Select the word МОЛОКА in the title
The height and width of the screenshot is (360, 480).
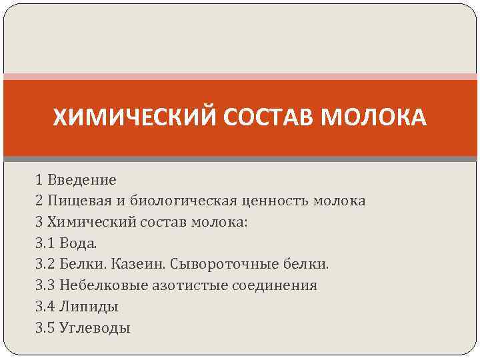pos(373,118)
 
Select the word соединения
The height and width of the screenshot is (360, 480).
pos(275,286)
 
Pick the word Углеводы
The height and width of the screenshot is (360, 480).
pos(95,328)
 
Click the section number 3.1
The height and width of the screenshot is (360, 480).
pos(45,243)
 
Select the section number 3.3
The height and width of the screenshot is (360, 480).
pos(45,286)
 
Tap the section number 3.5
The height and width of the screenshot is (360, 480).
pos(45,328)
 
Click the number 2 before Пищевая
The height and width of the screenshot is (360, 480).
pos(39,201)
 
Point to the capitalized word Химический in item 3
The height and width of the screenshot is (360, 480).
pos(90,222)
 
